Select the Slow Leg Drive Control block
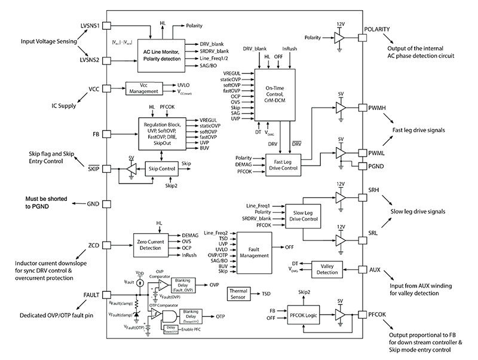click(x=303, y=215)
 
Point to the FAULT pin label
click(x=93, y=294)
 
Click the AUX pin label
click(x=375, y=270)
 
